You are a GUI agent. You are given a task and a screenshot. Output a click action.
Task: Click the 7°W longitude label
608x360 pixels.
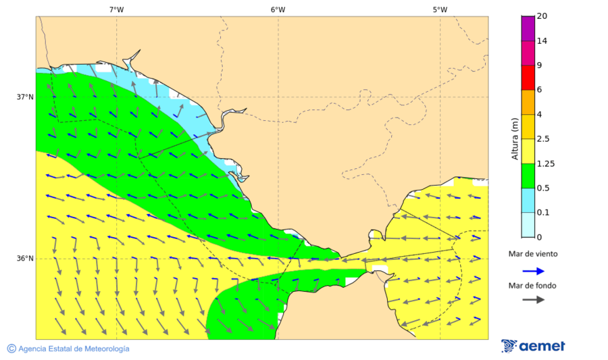116,9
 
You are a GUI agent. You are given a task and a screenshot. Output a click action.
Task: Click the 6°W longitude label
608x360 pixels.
278,9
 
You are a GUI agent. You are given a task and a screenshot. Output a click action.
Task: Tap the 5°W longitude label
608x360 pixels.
440,9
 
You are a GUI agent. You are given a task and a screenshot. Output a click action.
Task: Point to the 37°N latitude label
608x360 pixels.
25,97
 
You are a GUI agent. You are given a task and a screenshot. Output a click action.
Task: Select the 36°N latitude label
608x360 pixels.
25,258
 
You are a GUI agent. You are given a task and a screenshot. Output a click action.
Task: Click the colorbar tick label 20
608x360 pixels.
542,16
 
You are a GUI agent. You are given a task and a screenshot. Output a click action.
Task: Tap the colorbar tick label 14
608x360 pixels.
542,41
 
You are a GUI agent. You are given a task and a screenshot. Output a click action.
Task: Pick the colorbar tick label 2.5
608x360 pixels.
543,138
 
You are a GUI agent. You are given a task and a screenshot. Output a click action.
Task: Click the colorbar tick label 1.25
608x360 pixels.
545,163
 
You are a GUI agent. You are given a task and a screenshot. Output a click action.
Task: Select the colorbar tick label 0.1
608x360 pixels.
543,212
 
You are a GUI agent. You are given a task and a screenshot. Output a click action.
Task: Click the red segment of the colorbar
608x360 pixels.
528,77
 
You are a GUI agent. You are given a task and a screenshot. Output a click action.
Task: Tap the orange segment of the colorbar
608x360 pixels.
528,101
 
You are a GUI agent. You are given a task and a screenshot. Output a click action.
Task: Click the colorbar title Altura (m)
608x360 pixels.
515,138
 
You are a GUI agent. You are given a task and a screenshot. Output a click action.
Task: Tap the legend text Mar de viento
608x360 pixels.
533,254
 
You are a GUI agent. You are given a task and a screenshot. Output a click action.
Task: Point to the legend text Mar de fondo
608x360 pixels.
533,285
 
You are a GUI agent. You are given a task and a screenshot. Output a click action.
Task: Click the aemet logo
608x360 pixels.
534,346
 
